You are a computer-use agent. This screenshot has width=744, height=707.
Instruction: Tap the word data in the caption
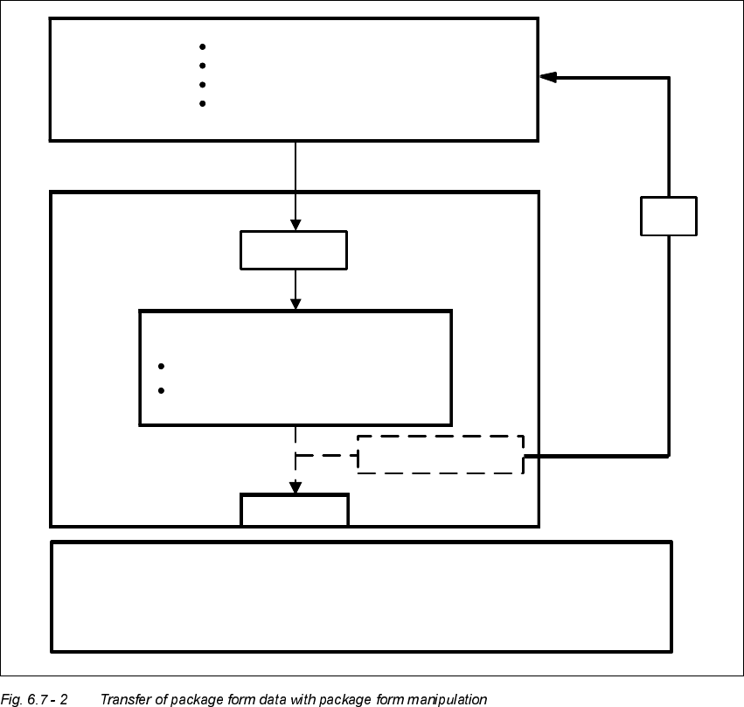278,699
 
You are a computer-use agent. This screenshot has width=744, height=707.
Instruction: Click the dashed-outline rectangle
440,454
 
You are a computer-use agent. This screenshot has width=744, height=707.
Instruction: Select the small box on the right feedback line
669,216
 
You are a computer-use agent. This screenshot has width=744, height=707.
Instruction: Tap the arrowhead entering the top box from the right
548,77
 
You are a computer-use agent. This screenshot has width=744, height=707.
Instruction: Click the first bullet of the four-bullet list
202,46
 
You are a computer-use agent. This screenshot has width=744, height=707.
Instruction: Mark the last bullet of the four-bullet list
202,103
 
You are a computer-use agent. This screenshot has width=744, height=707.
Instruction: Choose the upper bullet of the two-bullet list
162,366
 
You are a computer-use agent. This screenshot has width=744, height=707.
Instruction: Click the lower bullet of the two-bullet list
162,390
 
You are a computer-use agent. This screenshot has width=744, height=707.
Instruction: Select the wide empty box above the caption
361,596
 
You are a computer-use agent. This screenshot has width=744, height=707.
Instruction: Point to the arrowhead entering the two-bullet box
296,303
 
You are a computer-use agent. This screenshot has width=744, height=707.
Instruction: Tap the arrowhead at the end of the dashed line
296,487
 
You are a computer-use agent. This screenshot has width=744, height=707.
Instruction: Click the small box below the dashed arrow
295,509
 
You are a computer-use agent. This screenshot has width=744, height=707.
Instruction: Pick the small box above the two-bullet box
294,249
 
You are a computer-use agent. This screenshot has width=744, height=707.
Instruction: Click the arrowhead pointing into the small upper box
296,224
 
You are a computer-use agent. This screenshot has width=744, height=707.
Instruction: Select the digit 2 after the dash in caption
64,699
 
